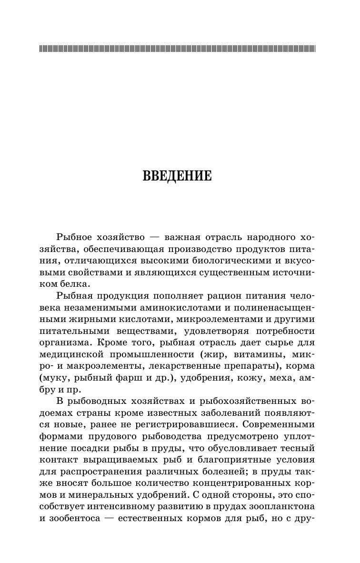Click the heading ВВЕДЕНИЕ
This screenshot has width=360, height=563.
[177, 176]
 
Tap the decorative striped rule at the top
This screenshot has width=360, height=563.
[177, 49]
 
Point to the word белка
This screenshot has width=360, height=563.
[76, 283]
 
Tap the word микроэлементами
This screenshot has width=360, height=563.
[207, 319]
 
